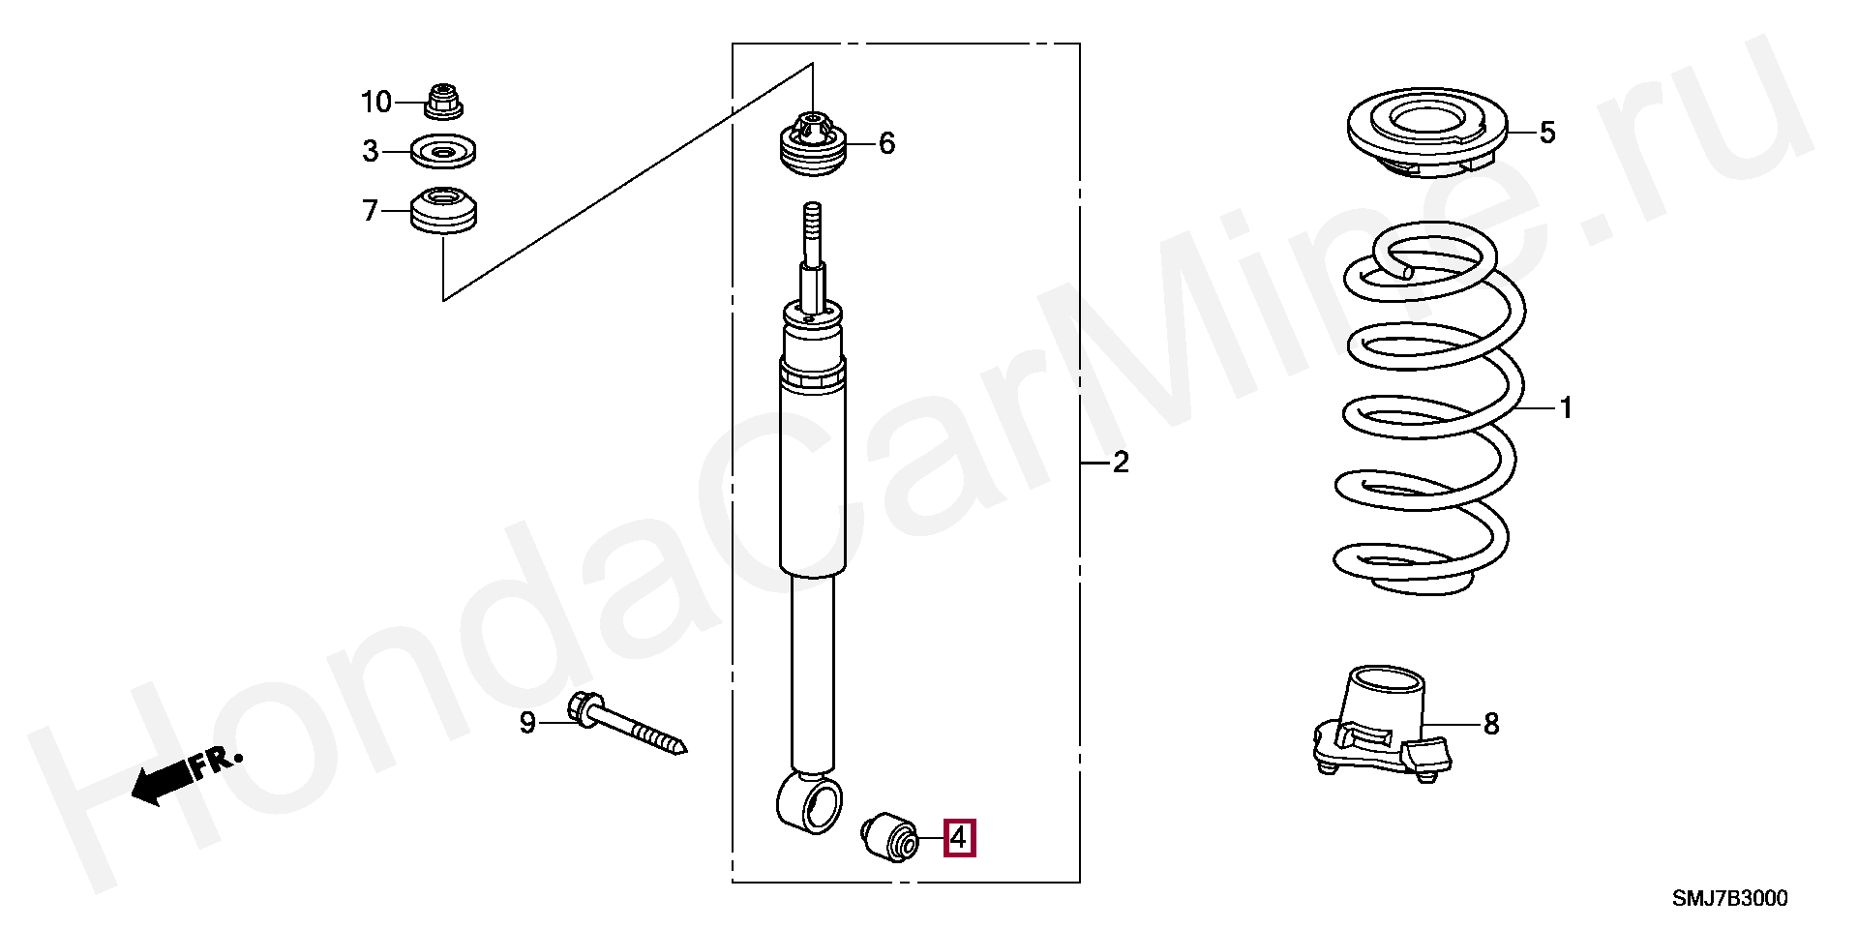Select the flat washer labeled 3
click(444, 152)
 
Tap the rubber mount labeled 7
click(444, 210)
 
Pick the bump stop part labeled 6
click(813, 144)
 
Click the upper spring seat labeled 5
click(1428, 135)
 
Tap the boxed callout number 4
click(959, 838)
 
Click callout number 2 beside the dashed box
click(1120, 464)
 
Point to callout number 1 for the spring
click(1566, 409)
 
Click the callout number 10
click(376, 102)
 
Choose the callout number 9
click(527, 723)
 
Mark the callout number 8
click(1491, 724)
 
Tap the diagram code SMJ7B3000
click(1730, 899)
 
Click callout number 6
click(887, 144)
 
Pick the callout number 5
click(1547, 133)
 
